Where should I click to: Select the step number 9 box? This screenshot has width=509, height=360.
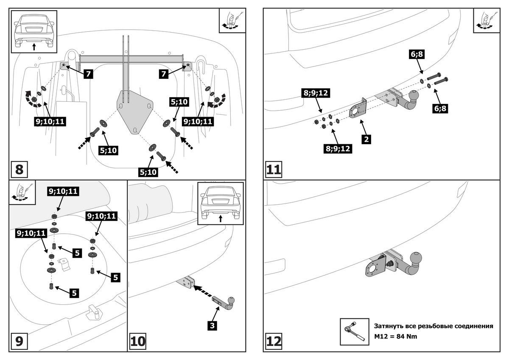20,342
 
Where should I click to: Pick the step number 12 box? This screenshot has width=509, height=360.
274,342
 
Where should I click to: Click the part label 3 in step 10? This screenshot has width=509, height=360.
212,326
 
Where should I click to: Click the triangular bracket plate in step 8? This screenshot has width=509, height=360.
135,111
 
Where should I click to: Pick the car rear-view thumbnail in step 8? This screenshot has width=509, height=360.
34,31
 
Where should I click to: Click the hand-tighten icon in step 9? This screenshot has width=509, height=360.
20,192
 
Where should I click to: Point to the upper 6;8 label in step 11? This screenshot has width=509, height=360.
417,54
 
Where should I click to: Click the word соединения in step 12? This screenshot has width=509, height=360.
472,326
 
